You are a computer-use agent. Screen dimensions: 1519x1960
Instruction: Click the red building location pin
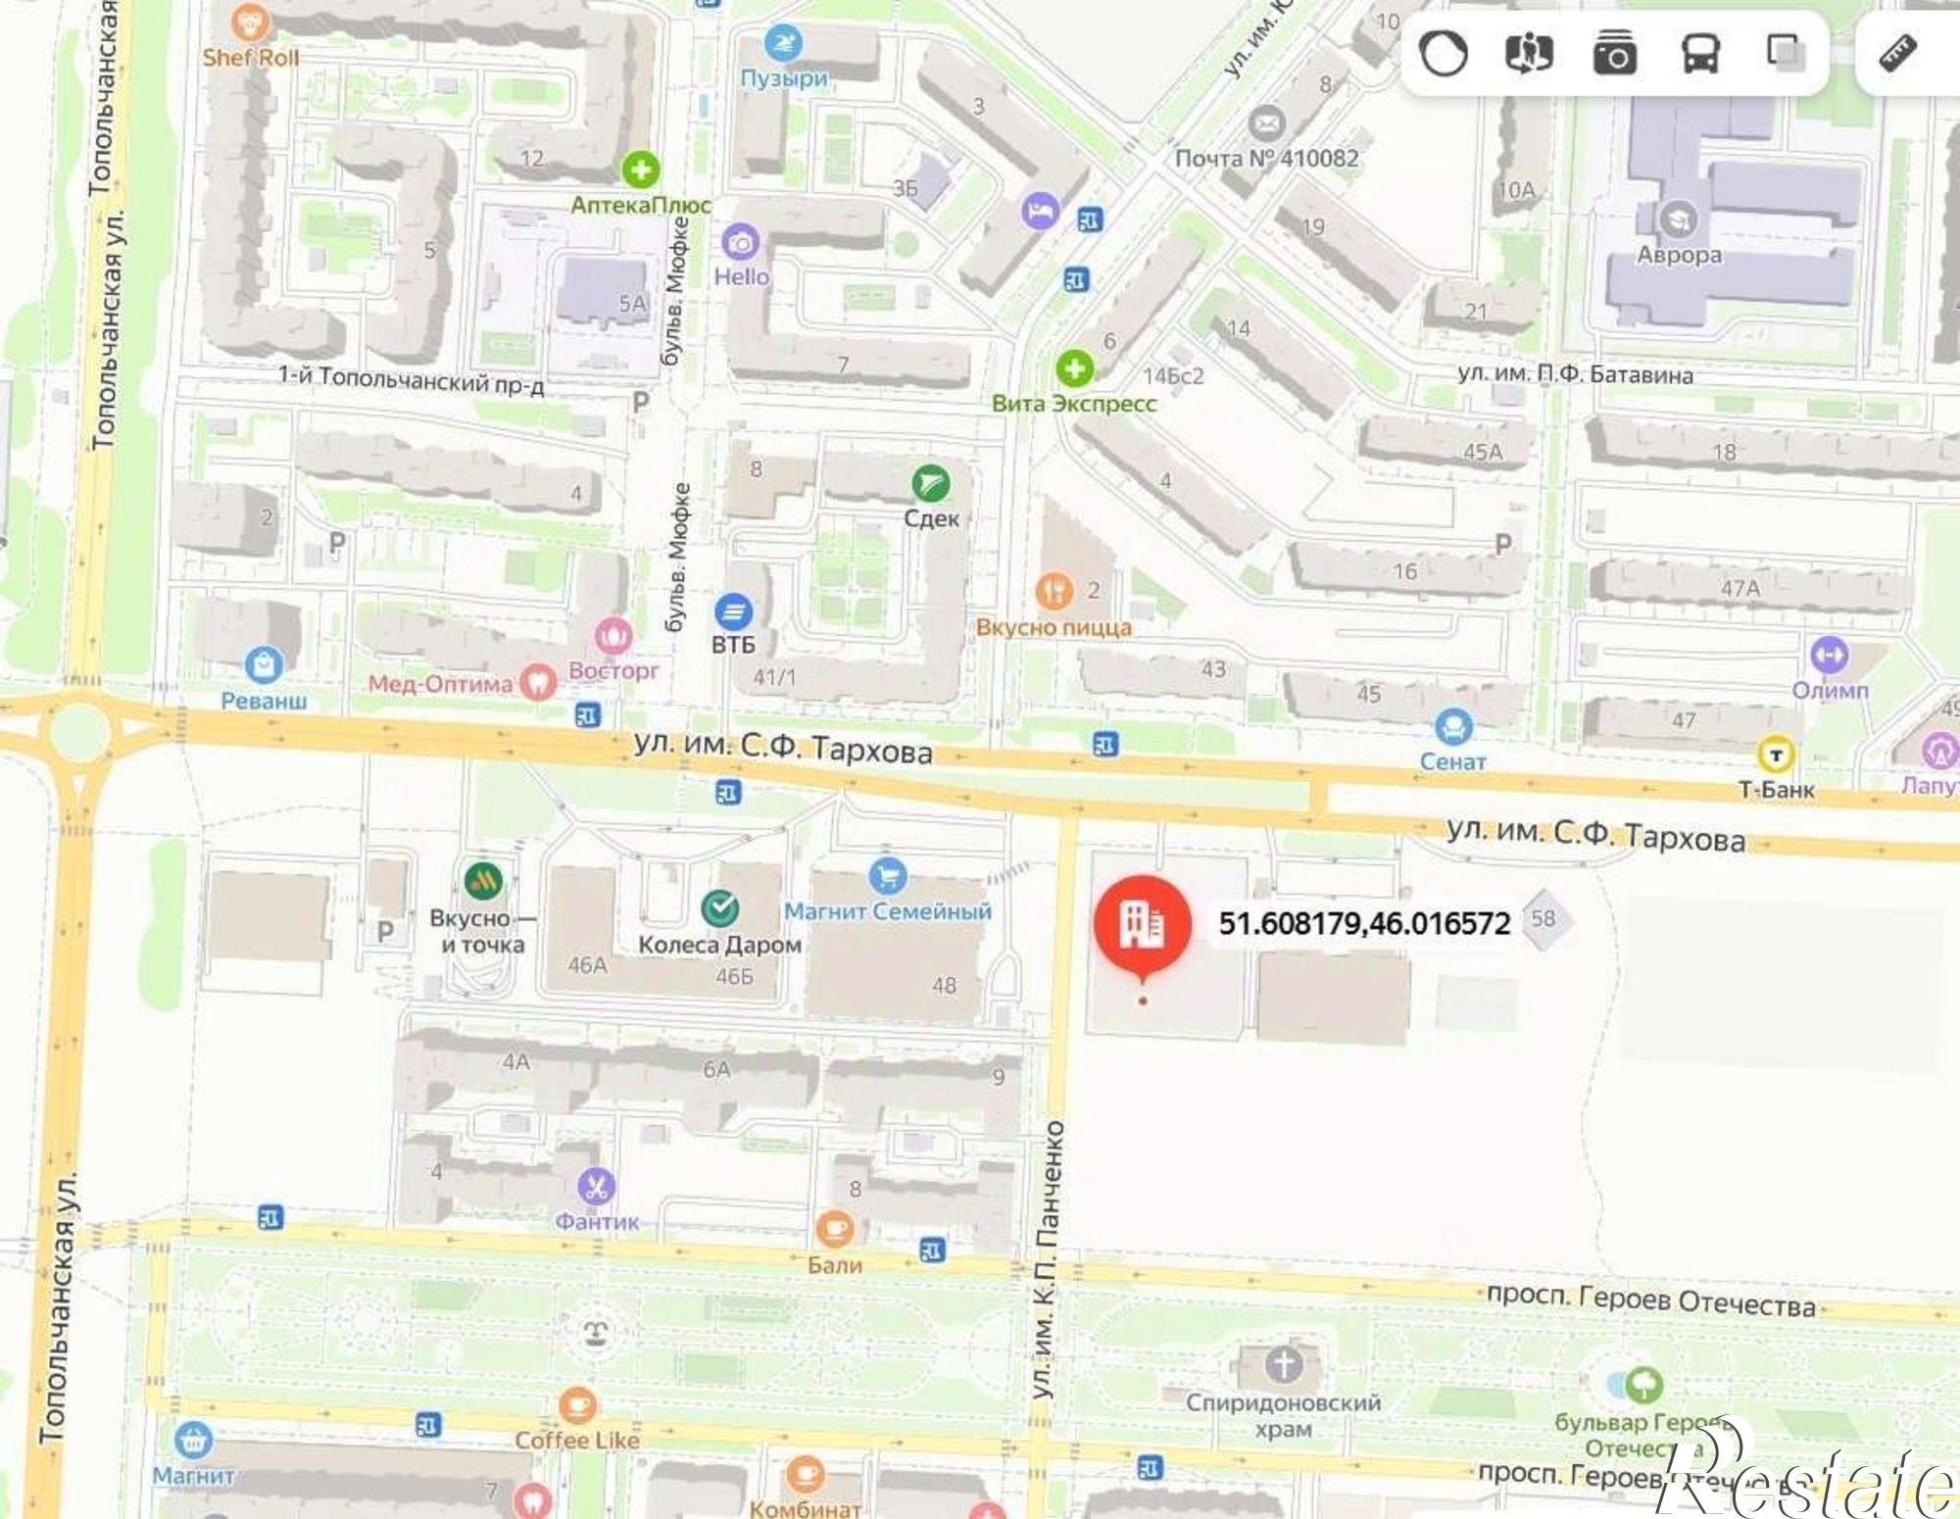[x=1142, y=924]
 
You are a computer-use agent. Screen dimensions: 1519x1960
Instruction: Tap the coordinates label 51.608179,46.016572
[x=1364, y=923]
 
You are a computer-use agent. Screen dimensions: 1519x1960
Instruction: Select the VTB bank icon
[x=733, y=612]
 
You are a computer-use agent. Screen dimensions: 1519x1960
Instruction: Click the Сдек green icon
[x=930, y=483]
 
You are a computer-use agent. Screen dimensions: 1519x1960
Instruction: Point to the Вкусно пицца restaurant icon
[x=1054, y=591]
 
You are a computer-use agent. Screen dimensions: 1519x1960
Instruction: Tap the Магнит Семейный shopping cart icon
[x=887, y=875]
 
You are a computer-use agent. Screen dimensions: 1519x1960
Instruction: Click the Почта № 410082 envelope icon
[x=1266, y=124]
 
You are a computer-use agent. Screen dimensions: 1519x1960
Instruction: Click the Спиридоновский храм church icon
[x=1283, y=1363]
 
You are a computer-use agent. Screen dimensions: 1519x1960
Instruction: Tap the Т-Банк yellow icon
[x=1776, y=755]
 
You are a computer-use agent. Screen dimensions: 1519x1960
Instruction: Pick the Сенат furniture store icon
[x=1452, y=727]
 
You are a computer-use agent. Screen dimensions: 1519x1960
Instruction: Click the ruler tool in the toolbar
[x=1897, y=54]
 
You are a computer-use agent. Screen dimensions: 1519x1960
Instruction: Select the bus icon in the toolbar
[x=1700, y=54]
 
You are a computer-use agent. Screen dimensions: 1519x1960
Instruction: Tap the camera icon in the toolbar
[x=1614, y=54]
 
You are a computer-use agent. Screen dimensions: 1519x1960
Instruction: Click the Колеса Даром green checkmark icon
[x=720, y=908]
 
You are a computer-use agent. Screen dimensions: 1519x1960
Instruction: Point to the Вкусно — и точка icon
[x=482, y=880]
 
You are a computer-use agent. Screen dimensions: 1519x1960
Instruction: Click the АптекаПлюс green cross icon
[x=640, y=170]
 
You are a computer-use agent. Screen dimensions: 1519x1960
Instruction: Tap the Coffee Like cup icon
[x=576, y=1406]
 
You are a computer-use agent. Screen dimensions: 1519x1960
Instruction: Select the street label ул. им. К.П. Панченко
[x=1048, y=1259]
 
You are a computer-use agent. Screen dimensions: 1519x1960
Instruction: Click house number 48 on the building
[x=944, y=985]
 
